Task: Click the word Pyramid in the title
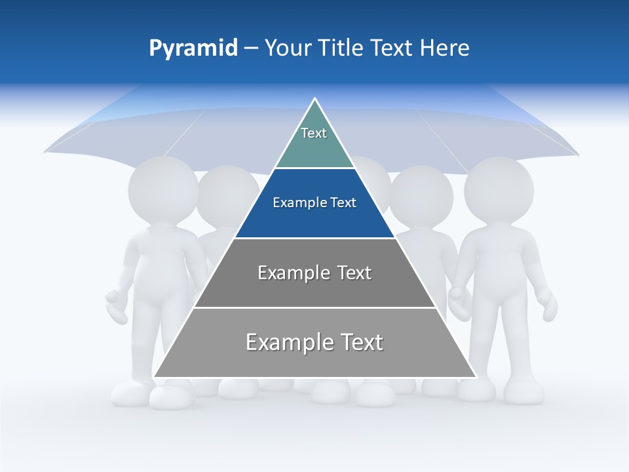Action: tap(193, 49)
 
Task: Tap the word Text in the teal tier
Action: tap(314, 133)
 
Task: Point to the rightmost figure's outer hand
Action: tap(546, 305)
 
